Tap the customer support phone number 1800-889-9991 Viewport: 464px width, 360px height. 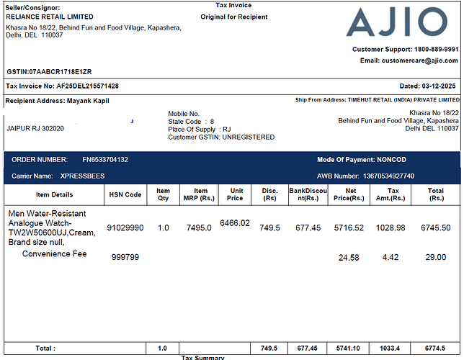(x=435, y=49)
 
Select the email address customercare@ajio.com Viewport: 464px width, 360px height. (x=419, y=60)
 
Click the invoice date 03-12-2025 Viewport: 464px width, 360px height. (x=440, y=86)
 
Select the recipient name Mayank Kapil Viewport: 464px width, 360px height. (x=88, y=101)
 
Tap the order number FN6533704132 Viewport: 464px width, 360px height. (x=105, y=159)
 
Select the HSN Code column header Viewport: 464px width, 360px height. (x=125, y=194)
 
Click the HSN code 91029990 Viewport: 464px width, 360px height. (x=125, y=228)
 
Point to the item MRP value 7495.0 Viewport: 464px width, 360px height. (x=199, y=228)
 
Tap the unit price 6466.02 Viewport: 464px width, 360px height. (x=235, y=223)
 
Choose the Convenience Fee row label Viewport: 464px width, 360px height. (x=54, y=253)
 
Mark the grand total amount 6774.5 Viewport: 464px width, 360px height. (x=437, y=348)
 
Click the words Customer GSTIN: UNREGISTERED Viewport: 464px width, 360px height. (x=221, y=137)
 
